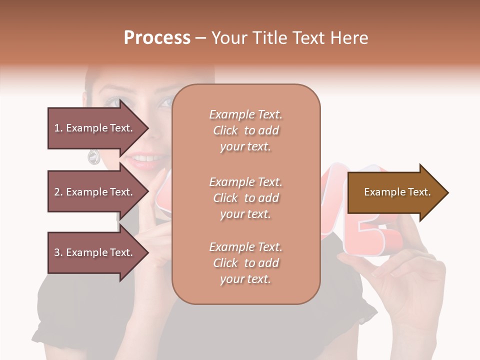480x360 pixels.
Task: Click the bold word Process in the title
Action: pyautogui.click(x=157, y=38)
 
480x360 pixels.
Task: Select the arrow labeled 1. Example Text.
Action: pyautogui.click(x=95, y=128)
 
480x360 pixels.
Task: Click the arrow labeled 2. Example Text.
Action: pyautogui.click(x=95, y=192)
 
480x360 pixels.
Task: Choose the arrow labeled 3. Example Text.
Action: pyautogui.click(x=95, y=252)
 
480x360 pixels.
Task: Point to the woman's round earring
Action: pyautogui.click(x=93, y=157)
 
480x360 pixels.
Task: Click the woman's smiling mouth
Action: pyautogui.click(x=145, y=159)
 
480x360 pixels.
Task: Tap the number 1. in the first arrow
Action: pyautogui.click(x=58, y=128)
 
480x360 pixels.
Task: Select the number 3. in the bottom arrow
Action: pyautogui.click(x=58, y=252)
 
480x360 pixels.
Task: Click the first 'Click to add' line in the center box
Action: pyautogui.click(x=246, y=130)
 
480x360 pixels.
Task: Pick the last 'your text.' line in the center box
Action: pyautogui.click(x=245, y=279)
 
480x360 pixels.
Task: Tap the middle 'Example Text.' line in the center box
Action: pyautogui.click(x=245, y=182)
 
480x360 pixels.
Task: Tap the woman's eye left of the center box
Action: pyautogui.click(x=113, y=102)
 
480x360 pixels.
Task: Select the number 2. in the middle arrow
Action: pyautogui.click(x=58, y=192)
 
